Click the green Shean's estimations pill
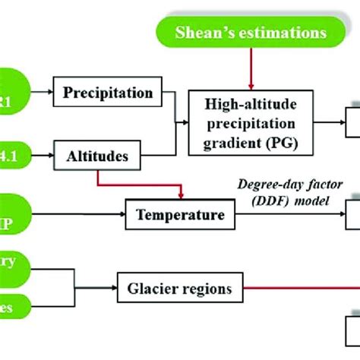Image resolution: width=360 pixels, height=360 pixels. click(x=251, y=32)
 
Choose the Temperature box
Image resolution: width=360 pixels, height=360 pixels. click(x=180, y=215)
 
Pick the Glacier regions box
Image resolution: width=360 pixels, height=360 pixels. click(x=179, y=288)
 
